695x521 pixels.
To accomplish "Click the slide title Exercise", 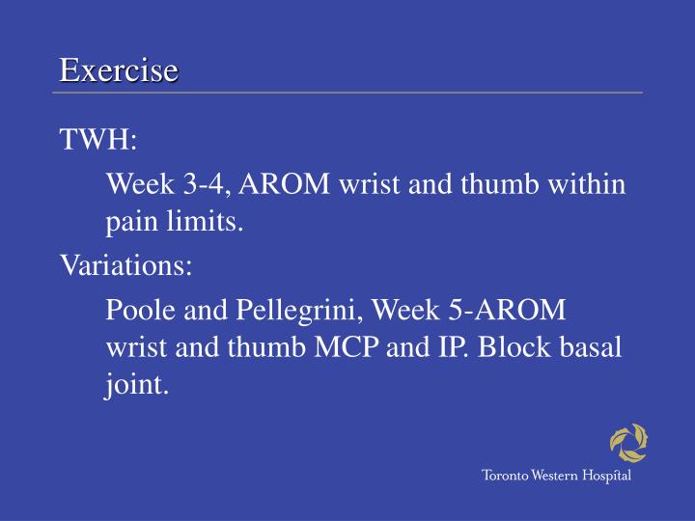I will pyautogui.click(x=119, y=70).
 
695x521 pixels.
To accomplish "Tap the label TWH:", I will pyautogui.click(x=99, y=140).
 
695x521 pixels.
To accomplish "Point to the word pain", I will pyautogui.click(x=129, y=224).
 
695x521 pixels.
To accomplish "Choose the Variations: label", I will pyautogui.click(x=126, y=265).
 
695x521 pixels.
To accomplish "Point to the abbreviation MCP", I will pyautogui.click(x=347, y=348).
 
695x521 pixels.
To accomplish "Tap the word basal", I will pyautogui.click(x=588, y=348).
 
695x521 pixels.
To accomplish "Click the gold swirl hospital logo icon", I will pyautogui.click(x=628, y=444).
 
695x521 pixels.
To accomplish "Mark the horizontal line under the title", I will pyautogui.click(x=347, y=94).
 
